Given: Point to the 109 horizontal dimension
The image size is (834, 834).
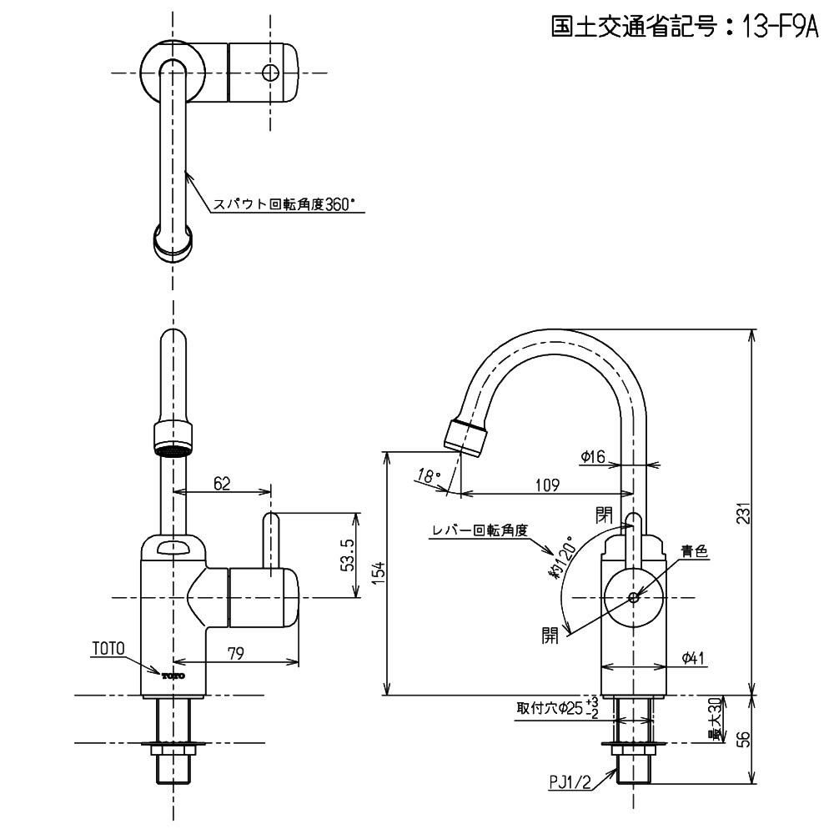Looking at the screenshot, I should click(546, 484).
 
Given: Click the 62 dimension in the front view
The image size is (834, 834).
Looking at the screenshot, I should click(221, 482).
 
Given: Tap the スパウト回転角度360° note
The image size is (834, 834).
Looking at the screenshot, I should click(289, 203).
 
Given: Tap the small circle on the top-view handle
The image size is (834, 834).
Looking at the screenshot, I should click(269, 72).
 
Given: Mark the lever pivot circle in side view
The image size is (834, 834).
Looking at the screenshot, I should click(633, 597).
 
